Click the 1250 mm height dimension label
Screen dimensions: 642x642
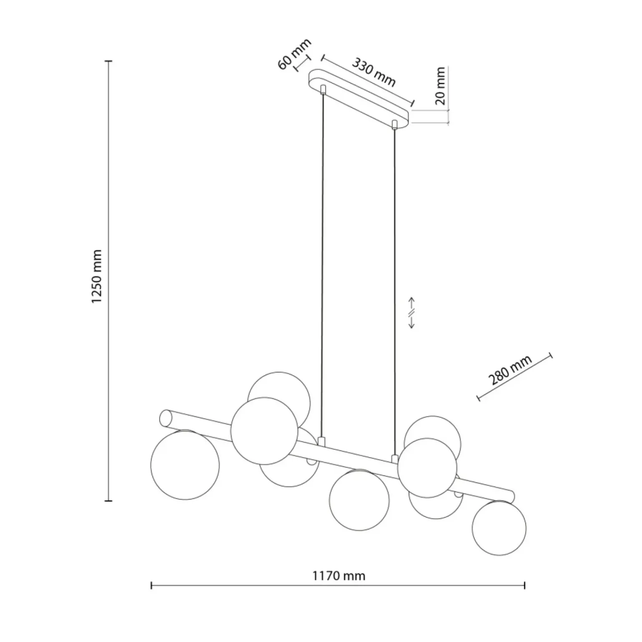point(97,277)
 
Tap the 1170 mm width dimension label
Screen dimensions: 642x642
point(339,576)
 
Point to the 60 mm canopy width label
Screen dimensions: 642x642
point(294,54)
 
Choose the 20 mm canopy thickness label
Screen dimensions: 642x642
point(440,86)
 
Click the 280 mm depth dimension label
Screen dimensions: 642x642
point(510,370)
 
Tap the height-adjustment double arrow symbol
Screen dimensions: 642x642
point(411,313)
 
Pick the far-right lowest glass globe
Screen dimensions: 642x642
point(499,528)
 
